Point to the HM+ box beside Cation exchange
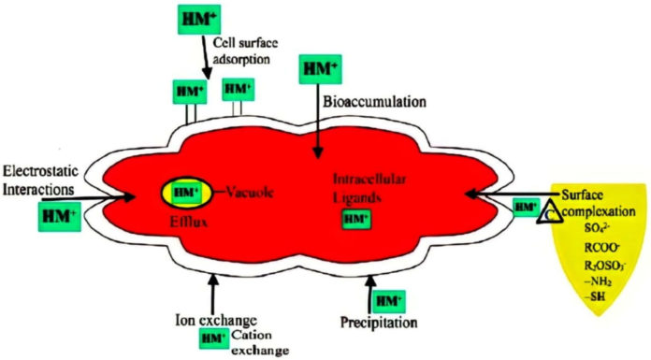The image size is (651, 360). point(213,337)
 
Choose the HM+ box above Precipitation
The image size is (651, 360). point(387,300)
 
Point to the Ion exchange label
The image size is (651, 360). point(211,315)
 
